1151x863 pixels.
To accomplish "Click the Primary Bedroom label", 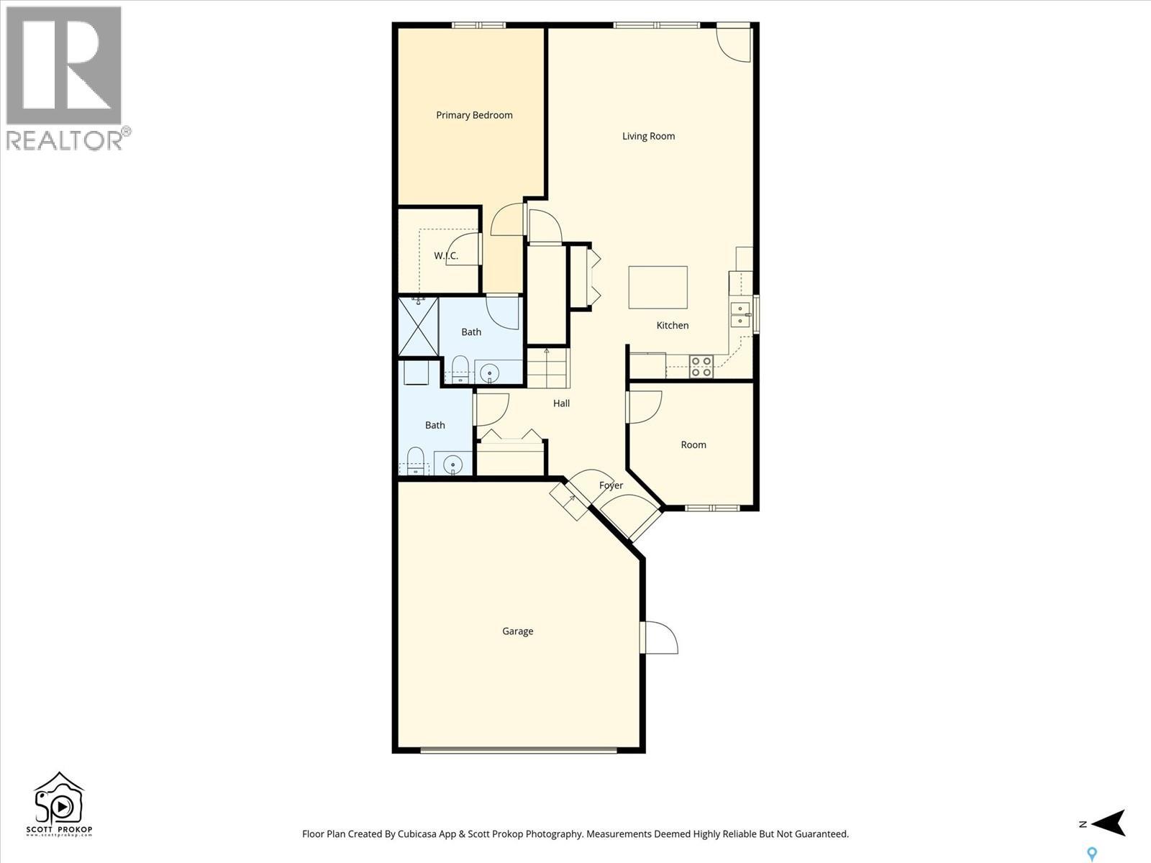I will pyautogui.click(x=474, y=115).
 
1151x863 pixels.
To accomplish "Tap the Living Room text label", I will pyautogui.click(x=648, y=136).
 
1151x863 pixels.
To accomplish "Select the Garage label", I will pyautogui.click(x=517, y=631).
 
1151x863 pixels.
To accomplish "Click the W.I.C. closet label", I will pyautogui.click(x=446, y=256).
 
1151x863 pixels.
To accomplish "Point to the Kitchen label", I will pyautogui.click(x=673, y=326).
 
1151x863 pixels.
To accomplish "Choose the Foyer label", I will pyautogui.click(x=611, y=485).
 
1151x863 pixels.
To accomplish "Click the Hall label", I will pyautogui.click(x=561, y=403).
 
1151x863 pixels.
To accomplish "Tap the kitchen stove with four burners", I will pyautogui.click(x=701, y=367).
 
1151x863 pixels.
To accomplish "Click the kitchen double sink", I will pyautogui.click(x=740, y=316).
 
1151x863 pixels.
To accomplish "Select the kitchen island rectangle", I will pyautogui.click(x=658, y=288).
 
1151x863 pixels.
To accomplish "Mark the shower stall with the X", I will pyautogui.click(x=418, y=327).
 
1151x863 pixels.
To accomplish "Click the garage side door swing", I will pyautogui.click(x=660, y=638).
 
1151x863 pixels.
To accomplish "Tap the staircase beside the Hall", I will pyautogui.click(x=547, y=368).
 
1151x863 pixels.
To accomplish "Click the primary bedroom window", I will pyautogui.click(x=479, y=25).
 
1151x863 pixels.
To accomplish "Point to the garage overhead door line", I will pyautogui.click(x=518, y=750).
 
